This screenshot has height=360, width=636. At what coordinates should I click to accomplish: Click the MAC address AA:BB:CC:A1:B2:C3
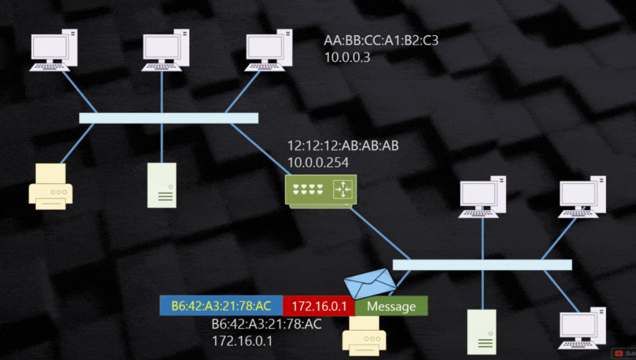coord(381,41)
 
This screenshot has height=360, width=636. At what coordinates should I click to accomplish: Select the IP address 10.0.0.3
coord(347,57)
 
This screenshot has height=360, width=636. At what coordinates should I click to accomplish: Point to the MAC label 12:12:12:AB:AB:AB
coord(342,146)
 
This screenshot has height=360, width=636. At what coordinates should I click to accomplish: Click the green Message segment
coord(391,307)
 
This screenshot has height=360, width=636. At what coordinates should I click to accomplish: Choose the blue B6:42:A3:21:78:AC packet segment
coord(221,307)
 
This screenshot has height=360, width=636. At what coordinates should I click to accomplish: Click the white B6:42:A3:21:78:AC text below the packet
coord(266,324)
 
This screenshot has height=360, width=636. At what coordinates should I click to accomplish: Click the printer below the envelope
coord(364,335)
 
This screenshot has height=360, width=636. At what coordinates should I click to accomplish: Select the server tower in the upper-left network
coord(161,185)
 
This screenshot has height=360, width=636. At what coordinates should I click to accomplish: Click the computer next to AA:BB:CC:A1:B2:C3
coord(265,50)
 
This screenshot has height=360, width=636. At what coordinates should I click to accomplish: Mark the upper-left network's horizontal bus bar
coord(168,118)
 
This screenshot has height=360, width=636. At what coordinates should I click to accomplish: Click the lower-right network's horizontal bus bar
coord(482,265)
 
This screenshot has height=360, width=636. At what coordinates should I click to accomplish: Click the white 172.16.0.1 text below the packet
coord(241,340)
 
